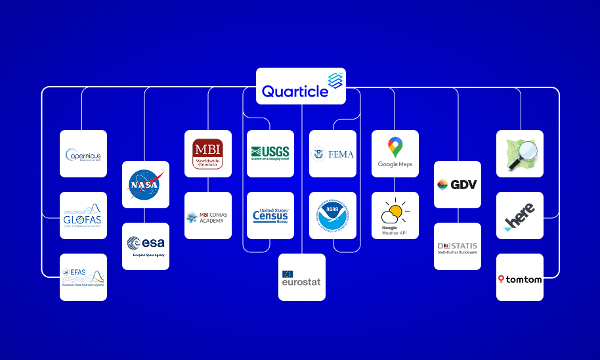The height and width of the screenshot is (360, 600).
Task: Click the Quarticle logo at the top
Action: click(301, 85)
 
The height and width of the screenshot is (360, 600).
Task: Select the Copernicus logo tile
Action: click(83, 154)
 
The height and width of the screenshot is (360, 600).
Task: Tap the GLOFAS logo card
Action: click(83, 215)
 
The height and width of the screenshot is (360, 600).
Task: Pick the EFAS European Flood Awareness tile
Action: click(83, 277)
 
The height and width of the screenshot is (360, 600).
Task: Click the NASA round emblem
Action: click(146, 185)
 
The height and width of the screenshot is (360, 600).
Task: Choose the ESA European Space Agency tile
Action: click(146, 246)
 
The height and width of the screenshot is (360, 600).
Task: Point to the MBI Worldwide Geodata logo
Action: click(208, 154)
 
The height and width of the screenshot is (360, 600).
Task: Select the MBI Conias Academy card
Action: click(208, 215)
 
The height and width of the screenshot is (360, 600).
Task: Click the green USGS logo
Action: click(270, 154)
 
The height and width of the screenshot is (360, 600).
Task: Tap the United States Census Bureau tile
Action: click(270, 215)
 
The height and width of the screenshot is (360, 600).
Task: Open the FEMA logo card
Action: click(333, 154)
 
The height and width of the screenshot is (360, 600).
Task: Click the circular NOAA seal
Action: click(333, 215)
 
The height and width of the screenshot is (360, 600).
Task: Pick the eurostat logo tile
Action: click(302, 277)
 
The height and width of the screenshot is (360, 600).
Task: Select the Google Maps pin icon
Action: click(395, 146)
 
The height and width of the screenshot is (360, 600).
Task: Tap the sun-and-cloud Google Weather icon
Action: click(395, 212)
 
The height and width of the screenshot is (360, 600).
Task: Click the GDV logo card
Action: click(458, 185)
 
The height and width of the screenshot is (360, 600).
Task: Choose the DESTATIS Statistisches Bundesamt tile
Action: click(458, 246)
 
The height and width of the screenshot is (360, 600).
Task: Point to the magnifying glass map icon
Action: click(520, 154)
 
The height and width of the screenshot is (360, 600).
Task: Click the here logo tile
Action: click(520, 215)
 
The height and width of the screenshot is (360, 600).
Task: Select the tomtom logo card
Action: click(520, 277)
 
